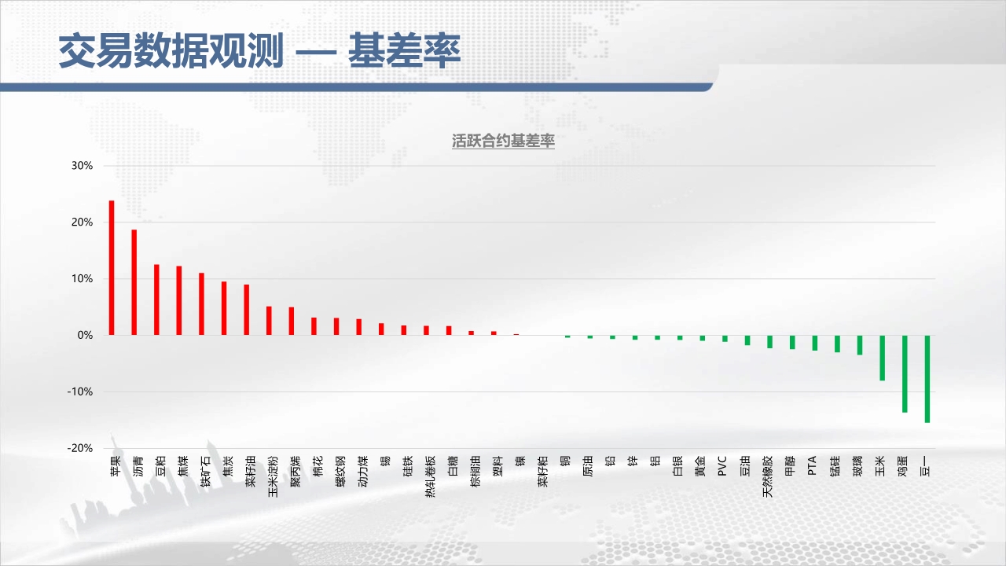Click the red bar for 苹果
[112, 268]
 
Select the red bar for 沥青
[134, 282]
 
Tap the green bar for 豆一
[927, 379]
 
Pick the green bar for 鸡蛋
[905, 373]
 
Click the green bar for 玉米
[883, 358]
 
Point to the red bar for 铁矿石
[202, 304]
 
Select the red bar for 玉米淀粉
[269, 321]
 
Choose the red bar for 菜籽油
[247, 310]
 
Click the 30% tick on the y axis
[83, 166]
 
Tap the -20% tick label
[80, 448]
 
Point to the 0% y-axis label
[86, 335]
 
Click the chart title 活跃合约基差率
[503, 141]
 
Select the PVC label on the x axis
[722, 466]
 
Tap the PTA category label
[812, 466]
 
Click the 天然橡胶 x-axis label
[768, 476]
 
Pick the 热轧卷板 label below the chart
[430, 476]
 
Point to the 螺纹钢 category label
[340, 471]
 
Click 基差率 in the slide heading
[405, 50]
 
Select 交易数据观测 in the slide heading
[171, 50]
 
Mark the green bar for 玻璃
[860, 345]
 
